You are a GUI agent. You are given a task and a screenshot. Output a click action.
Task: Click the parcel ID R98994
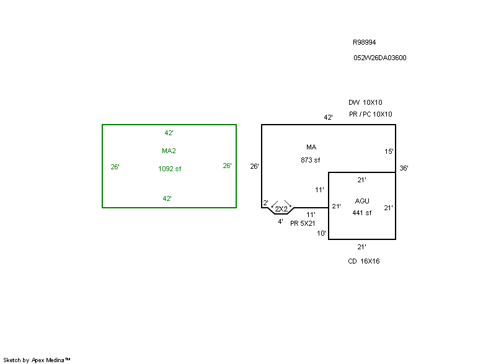(x=365, y=43)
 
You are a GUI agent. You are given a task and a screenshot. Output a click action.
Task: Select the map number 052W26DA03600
(x=380, y=58)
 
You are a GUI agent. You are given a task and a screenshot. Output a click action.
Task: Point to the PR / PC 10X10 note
(x=370, y=114)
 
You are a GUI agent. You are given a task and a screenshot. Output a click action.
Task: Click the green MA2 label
(x=169, y=151)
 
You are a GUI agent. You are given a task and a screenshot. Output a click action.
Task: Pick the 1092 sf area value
(x=169, y=169)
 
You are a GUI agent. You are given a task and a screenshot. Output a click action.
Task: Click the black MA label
(x=311, y=147)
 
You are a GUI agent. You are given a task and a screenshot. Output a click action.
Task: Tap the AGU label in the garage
(x=362, y=201)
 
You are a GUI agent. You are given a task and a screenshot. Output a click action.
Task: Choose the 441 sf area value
(x=361, y=213)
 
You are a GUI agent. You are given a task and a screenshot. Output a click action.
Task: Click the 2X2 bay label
(x=281, y=209)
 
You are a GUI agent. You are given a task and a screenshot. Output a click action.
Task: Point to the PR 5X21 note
(x=303, y=223)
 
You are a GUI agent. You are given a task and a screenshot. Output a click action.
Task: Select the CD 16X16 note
(x=364, y=261)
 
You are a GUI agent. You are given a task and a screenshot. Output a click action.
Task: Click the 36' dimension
(x=404, y=168)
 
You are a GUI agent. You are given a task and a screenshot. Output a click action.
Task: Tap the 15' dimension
(x=389, y=151)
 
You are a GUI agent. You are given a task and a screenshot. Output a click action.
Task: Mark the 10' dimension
(x=321, y=233)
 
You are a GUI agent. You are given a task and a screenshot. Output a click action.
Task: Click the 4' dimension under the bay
(x=280, y=221)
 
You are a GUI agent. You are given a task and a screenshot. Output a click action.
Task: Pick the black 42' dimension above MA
(x=328, y=117)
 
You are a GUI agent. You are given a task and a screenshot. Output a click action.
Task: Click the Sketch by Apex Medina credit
(x=37, y=360)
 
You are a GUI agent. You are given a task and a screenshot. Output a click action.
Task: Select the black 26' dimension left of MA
(x=254, y=166)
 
